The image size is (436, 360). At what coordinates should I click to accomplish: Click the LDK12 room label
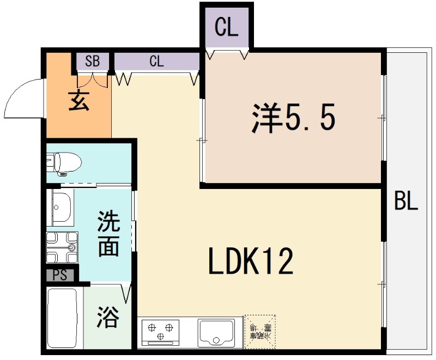(x=251, y=262)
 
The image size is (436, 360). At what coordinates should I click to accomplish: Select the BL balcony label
(x=406, y=202)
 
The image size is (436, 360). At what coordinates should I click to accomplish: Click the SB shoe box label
(x=93, y=61)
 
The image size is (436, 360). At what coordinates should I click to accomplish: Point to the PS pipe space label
(x=60, y=276)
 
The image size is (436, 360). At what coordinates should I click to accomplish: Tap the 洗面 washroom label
(x=108, y=234)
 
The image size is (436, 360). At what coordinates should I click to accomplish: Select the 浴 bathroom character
(x=108, y=317)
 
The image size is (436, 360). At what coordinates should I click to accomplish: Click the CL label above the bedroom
(x=226, y=27)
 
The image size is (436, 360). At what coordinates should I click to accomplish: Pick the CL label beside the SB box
(x=156, y=61)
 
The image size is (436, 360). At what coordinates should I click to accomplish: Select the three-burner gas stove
(x=161, y=331)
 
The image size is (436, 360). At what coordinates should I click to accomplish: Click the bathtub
(x=63, y=318)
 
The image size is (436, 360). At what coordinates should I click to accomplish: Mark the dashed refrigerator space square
(x=260, y=331)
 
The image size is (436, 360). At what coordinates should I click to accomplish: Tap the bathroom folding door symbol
(x=126, y=294)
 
